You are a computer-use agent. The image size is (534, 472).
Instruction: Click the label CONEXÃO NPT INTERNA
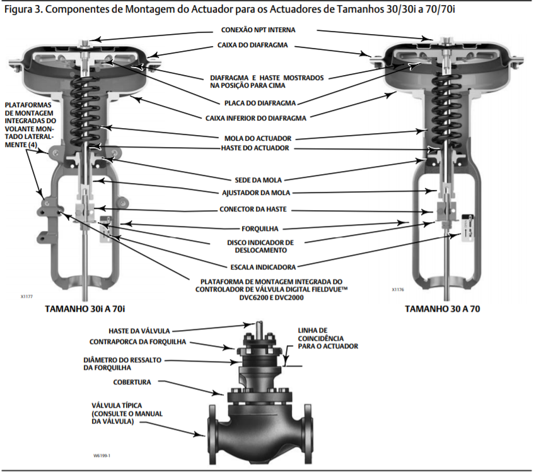click(x=267, y=30)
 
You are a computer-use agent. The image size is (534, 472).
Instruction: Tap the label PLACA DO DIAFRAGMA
click(x=268, y=102)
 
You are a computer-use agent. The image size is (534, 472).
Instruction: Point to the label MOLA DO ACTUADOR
click(x=267, y=138)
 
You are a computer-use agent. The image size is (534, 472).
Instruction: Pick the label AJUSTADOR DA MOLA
click(x=267, y=192)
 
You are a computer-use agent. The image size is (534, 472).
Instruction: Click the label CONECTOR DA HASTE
click(x=267, y=209)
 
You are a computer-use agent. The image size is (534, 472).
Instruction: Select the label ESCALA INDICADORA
click(x=268, y=266)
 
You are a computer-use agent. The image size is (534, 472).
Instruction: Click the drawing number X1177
click(x=27, y=295)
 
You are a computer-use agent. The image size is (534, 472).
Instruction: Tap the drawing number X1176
click(x=397, y=290)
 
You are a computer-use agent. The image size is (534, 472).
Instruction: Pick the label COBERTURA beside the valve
click(x=132, y=382)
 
